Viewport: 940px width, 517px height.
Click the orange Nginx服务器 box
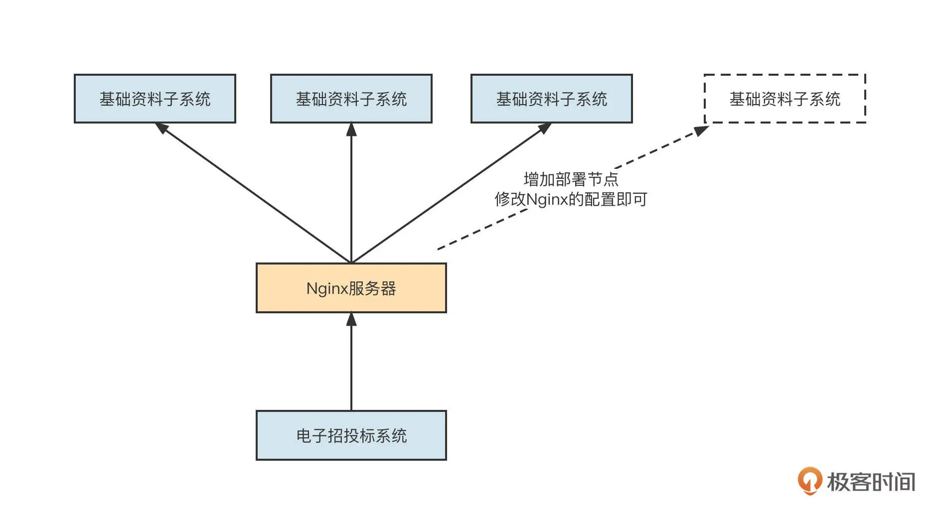351,288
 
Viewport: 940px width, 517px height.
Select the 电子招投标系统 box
351,435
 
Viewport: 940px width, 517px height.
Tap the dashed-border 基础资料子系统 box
784,99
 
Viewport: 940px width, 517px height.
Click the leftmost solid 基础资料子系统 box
155,99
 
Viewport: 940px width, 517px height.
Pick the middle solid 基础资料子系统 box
351,99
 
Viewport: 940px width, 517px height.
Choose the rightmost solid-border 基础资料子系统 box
551,99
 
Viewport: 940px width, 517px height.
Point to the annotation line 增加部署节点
571,179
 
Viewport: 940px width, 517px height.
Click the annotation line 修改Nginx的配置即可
571,199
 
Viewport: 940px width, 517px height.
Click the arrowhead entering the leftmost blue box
161,128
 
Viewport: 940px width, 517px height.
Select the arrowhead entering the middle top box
351,129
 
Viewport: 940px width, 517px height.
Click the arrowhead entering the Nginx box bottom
351,319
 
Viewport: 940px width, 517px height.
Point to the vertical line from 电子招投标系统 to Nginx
351,369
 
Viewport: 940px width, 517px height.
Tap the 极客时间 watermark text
871,482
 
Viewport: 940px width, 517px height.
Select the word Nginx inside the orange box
326,288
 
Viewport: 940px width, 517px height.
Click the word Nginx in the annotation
547,200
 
